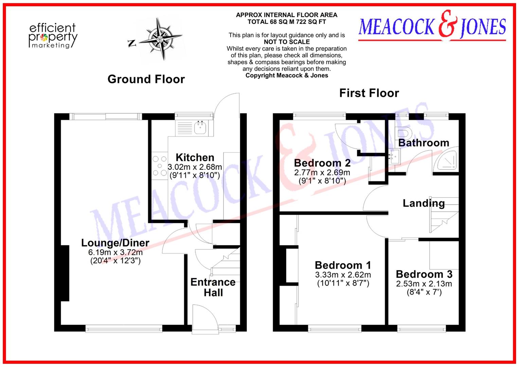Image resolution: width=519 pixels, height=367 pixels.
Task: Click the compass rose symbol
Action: tap(160, 38)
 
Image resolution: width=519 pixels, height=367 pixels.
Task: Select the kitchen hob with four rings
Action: tap(159, 166)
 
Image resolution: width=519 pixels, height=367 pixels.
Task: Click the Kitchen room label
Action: tap(195, 157)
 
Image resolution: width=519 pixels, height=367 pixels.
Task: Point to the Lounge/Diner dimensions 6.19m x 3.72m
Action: tap(115, 252)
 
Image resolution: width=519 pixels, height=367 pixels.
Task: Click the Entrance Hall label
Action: tap(213, 287)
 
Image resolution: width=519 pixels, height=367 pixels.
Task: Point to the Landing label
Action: tap(424, 203)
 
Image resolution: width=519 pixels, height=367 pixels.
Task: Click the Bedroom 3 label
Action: tap(424, 274)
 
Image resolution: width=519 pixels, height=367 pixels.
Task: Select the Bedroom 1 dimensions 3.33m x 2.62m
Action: tap(343, 275)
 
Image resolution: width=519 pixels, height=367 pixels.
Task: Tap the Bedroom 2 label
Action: tap(322, 163)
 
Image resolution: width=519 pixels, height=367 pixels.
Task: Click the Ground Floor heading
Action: tap(146, 79)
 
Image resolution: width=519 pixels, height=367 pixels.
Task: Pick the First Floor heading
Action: tap(369, 93)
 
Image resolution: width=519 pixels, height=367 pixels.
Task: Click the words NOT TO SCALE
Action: tap(287, 42)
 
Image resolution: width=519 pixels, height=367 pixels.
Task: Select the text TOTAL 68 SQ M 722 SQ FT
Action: tap(287, 22)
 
